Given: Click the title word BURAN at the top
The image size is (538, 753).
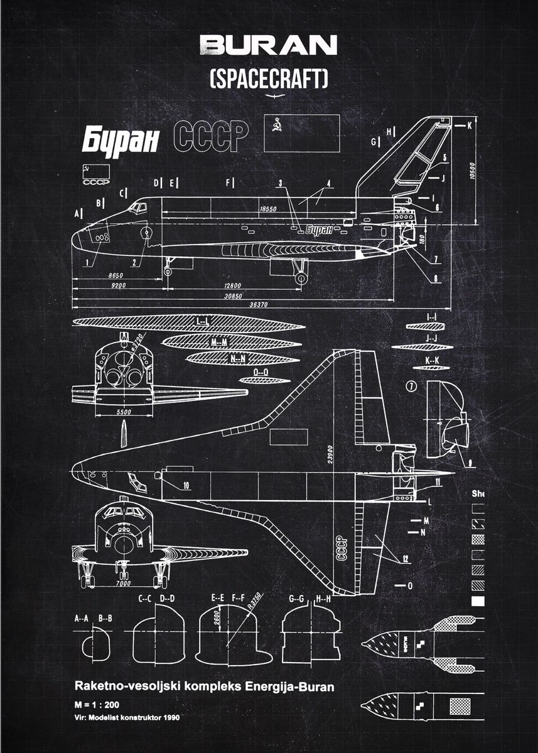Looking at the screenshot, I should click(268, 45).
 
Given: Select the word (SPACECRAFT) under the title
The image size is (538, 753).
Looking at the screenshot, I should click(269, 79).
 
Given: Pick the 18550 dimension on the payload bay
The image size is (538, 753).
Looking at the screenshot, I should click(268, 208).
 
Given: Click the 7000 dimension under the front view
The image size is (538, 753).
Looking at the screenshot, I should click(124, 584).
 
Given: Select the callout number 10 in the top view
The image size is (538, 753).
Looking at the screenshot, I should click(186, 485).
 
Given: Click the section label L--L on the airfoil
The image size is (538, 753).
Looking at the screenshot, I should click(202, 322).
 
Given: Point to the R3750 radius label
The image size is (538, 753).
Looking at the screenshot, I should click(254, 601).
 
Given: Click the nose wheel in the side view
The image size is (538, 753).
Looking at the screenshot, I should click(168, 271).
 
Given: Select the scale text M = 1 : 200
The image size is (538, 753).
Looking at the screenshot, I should click(98, 704).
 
